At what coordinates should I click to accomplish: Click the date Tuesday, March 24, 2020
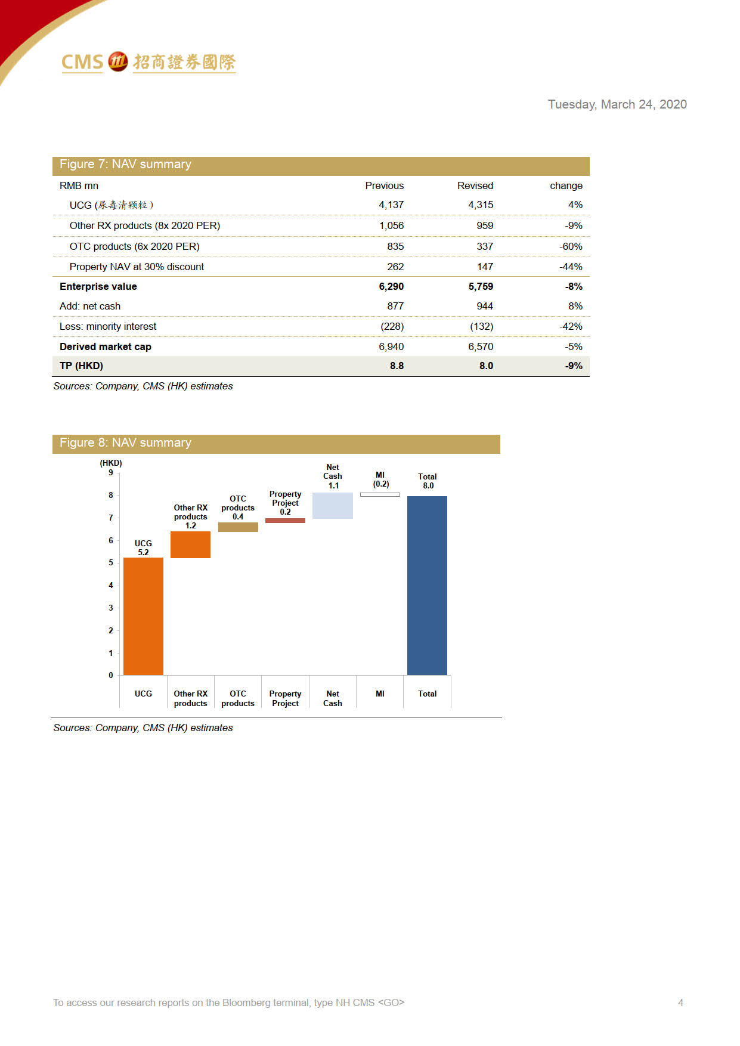point(617,104)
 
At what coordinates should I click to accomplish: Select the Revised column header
point(475,185)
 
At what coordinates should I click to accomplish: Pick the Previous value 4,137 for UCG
point(391,205)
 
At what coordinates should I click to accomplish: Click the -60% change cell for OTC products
point(570,246)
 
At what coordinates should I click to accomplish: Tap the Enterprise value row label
point(98,286)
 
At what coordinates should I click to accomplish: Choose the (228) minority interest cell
point(392,326)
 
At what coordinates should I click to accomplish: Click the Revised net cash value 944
point(484,306)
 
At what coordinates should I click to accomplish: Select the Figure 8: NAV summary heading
point(125,442)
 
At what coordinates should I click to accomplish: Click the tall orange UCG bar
point(143,615)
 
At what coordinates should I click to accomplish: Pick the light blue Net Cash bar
point(332,505)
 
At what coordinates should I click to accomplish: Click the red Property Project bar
point(285,521)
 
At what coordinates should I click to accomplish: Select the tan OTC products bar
point(238,527)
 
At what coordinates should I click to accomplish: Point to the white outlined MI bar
point(380,494)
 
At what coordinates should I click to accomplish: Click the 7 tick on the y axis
point(110,518)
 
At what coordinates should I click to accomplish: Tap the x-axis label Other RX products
point(190,698)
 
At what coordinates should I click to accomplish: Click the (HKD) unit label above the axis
point(111,463)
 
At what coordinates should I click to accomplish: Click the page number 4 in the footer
point(680,1002)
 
